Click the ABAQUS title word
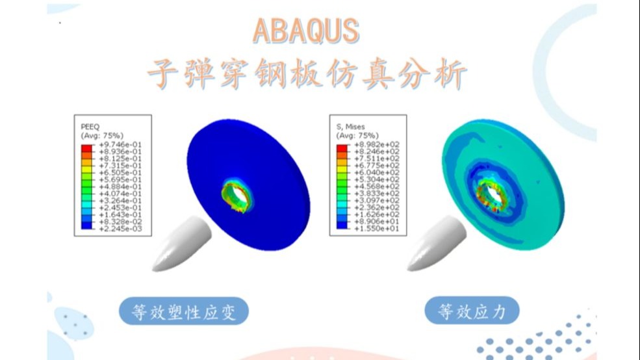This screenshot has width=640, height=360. (305, 31)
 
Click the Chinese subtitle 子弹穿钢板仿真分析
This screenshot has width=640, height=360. (306, 74)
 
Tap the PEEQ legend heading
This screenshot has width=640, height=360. (89, 127)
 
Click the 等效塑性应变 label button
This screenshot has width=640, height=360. (184, 313)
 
